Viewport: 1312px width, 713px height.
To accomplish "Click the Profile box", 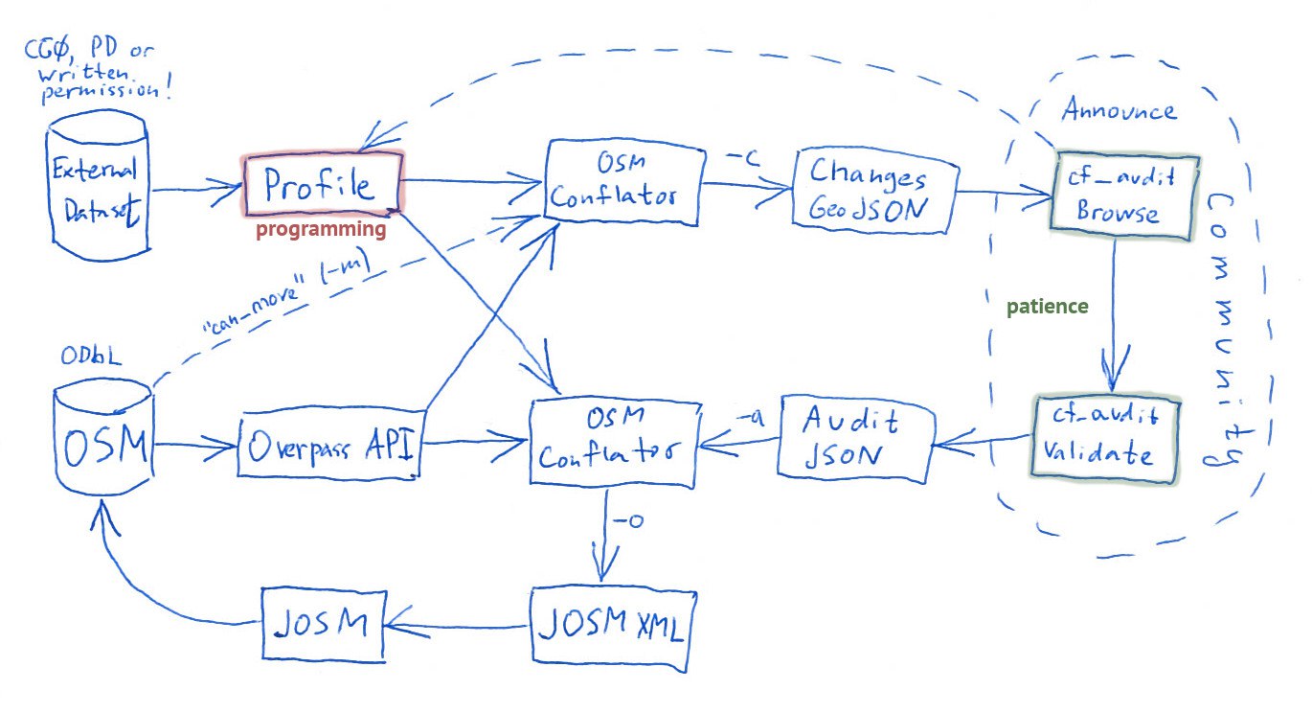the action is (x=323, y=184).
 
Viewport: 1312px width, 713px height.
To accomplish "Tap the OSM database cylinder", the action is (x=103, y=437).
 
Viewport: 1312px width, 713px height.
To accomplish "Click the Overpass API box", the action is (x=330, y=444).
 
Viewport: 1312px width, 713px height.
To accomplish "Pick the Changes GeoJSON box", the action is (x=874, y=192).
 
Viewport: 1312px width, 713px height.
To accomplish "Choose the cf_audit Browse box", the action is (x=1123, y=195).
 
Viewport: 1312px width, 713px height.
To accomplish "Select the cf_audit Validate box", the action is (x=1104, y=439).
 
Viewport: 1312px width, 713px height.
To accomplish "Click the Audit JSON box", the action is (x=856, y=439).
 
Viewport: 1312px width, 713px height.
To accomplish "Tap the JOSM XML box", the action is (x=613, y=628).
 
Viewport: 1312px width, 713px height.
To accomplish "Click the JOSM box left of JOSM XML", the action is (x=324, y=625).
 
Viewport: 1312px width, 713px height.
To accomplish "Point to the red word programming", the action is (x=321, y=229).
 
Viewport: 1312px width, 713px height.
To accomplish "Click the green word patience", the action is (x=1048, y=307).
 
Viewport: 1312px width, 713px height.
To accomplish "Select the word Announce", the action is (x=1120, y=109).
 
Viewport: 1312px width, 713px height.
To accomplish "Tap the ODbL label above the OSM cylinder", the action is (x=91, y=356).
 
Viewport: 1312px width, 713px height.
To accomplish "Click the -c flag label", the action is (x=743, y=158).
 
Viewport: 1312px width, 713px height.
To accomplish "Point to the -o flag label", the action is (x=628, y=520).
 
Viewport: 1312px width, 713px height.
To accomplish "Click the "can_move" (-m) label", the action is (x=285, y=292).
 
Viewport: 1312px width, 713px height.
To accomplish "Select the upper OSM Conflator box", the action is (x=624, y=182).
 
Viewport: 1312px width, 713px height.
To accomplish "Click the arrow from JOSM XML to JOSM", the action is (x=457, y=626).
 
